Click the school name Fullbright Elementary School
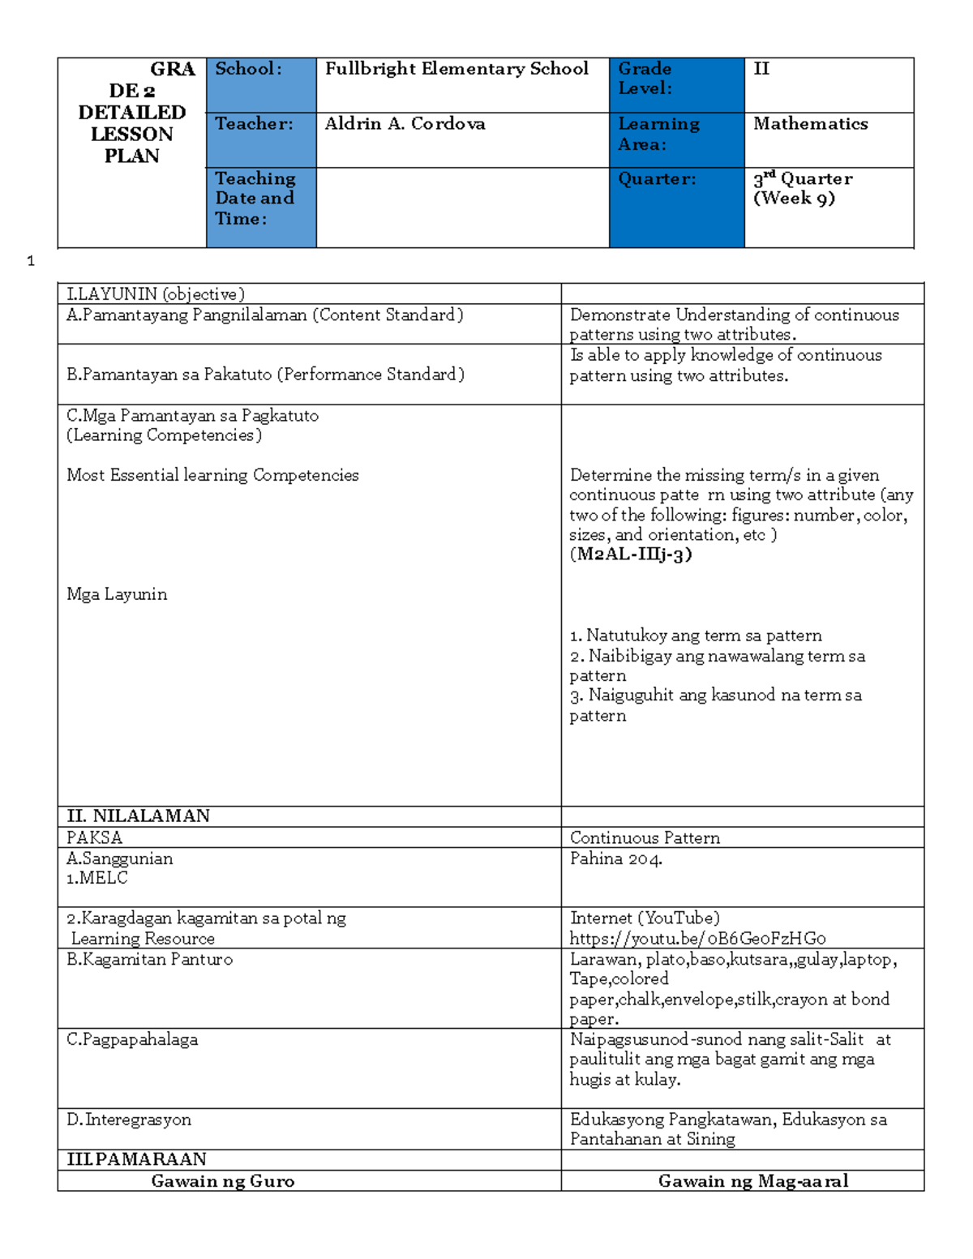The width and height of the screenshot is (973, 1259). (x=456, y=69)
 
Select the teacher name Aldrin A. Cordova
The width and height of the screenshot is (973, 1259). (x=405, y=124)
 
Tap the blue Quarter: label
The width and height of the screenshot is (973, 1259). (x=657, y=179)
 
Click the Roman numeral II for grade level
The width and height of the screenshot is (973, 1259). (x=761, y=69)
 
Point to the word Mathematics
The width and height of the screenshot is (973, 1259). (x=810, y=124)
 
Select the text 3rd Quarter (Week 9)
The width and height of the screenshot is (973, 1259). (x=802, y=189)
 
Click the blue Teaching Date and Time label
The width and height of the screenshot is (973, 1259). (x=255, y=199)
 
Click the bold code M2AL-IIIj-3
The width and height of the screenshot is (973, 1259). (x=630, y=555)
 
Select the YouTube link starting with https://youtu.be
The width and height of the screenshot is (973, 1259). (x=697, y=939)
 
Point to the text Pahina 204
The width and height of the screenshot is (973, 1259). (x=615, y=859)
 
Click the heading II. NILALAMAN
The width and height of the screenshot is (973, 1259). (x=139, y=816)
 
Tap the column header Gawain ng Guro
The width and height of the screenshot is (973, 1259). (x=223, y=1181)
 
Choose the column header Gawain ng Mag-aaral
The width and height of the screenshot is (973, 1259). (x=753, y=1181)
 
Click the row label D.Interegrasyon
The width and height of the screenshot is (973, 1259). (x=129, y=1120)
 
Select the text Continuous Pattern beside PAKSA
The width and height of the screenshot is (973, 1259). (x=645, y=838)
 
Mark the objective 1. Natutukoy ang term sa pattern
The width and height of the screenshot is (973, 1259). (x=696, y=636)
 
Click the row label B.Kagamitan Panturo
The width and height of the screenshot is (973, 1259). (x=149, y=960)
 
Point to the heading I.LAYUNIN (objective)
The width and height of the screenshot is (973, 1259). (x=156, y=294)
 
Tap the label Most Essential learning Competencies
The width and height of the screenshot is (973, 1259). (x=212, y=475)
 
